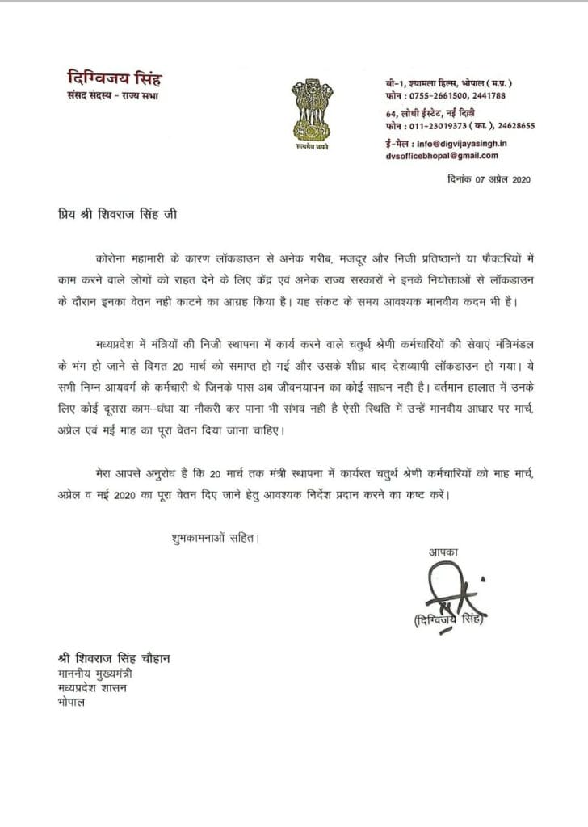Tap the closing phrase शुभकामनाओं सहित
click(215, 536)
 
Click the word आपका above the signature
click(443, 552)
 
